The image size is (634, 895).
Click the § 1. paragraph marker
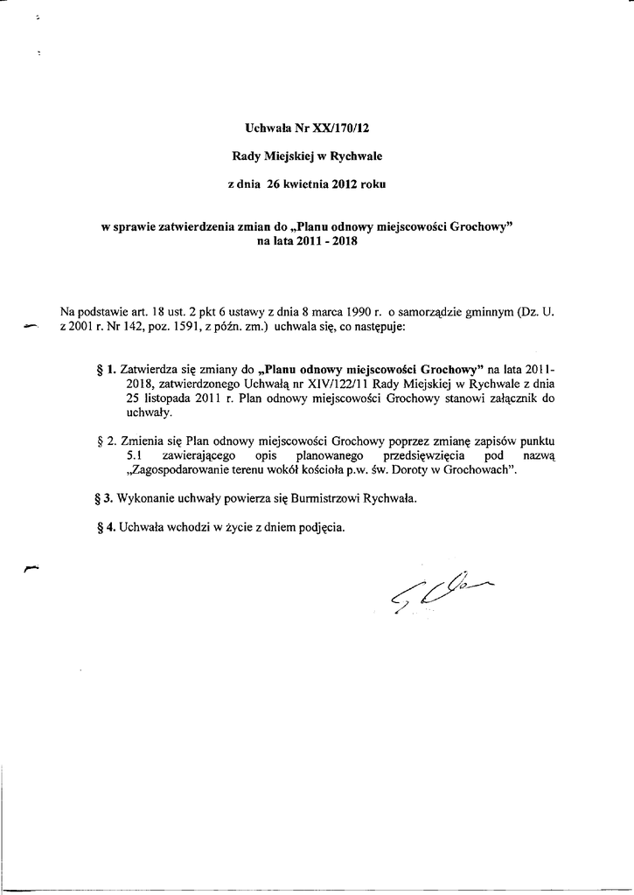(108, 369)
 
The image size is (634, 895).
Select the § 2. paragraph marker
(108, 442)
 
